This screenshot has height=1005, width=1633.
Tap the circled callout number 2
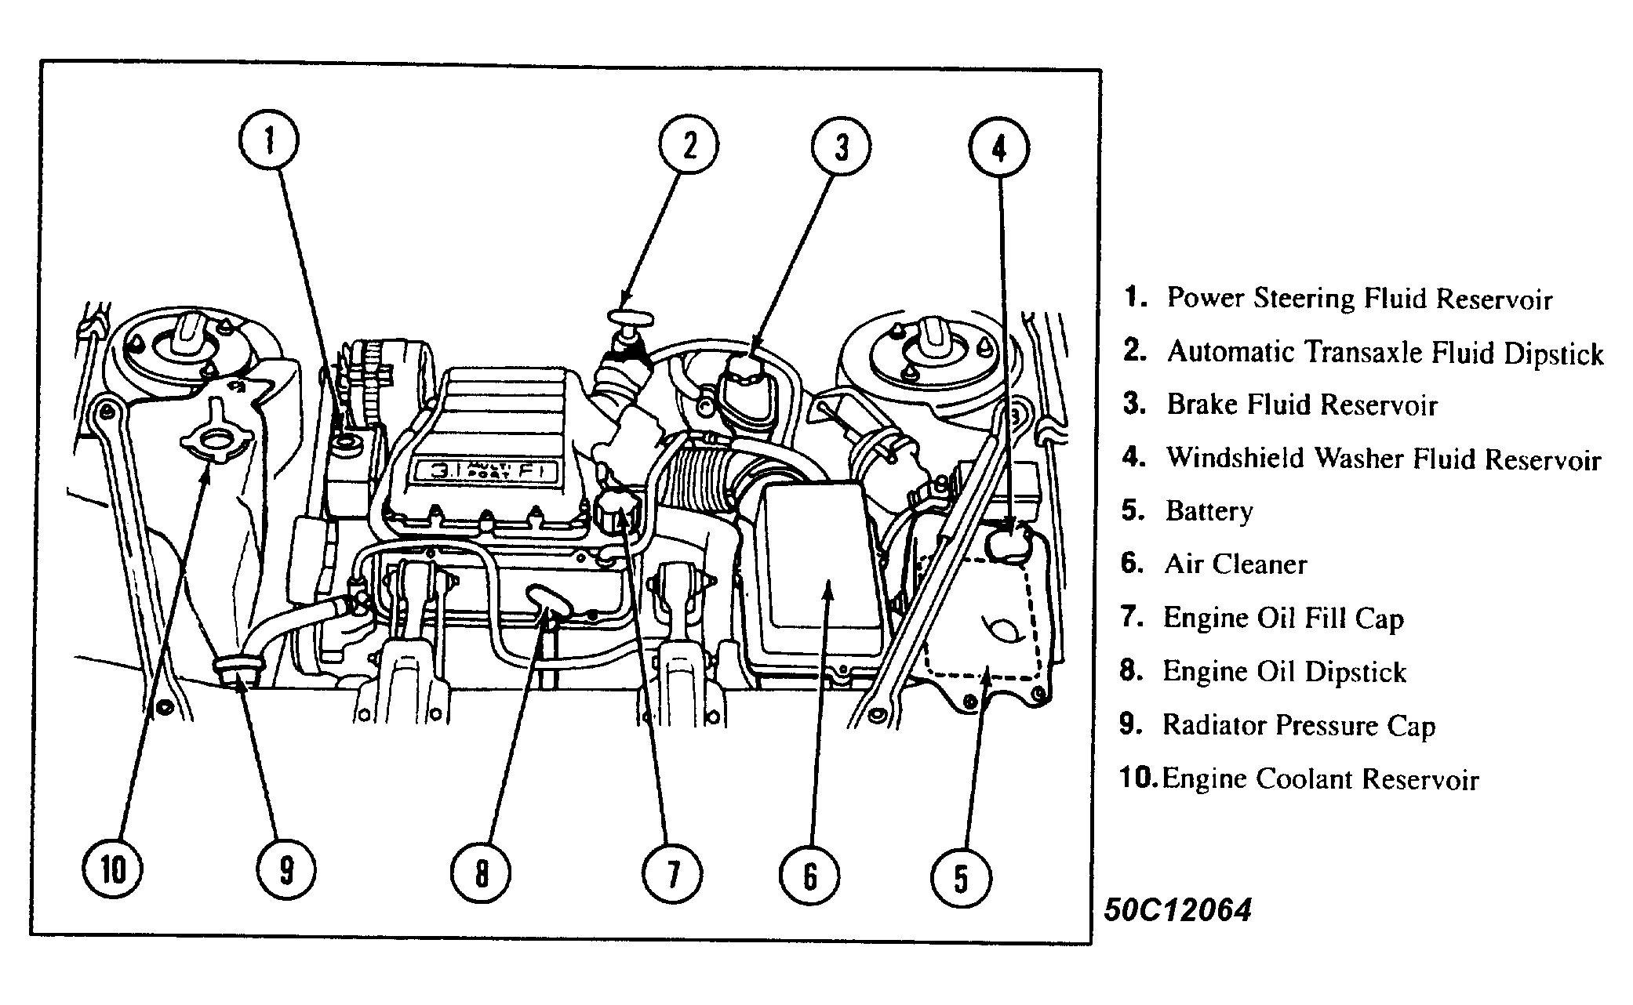[x=689, y=145]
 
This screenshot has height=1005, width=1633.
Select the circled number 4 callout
[x=998, y=147]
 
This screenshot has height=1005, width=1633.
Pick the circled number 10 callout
[x=113, y=869]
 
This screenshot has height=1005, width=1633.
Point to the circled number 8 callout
[x=481, y=873]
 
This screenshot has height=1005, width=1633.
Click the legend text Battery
[x=1209, y=511]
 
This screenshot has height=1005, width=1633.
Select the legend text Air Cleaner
[x=1235, y=564]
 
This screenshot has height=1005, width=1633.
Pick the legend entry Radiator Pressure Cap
[x=1298, y=725]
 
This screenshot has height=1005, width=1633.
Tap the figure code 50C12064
[x=1177, y=909]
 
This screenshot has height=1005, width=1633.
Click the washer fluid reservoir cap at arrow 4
[x=1009, y=543]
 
